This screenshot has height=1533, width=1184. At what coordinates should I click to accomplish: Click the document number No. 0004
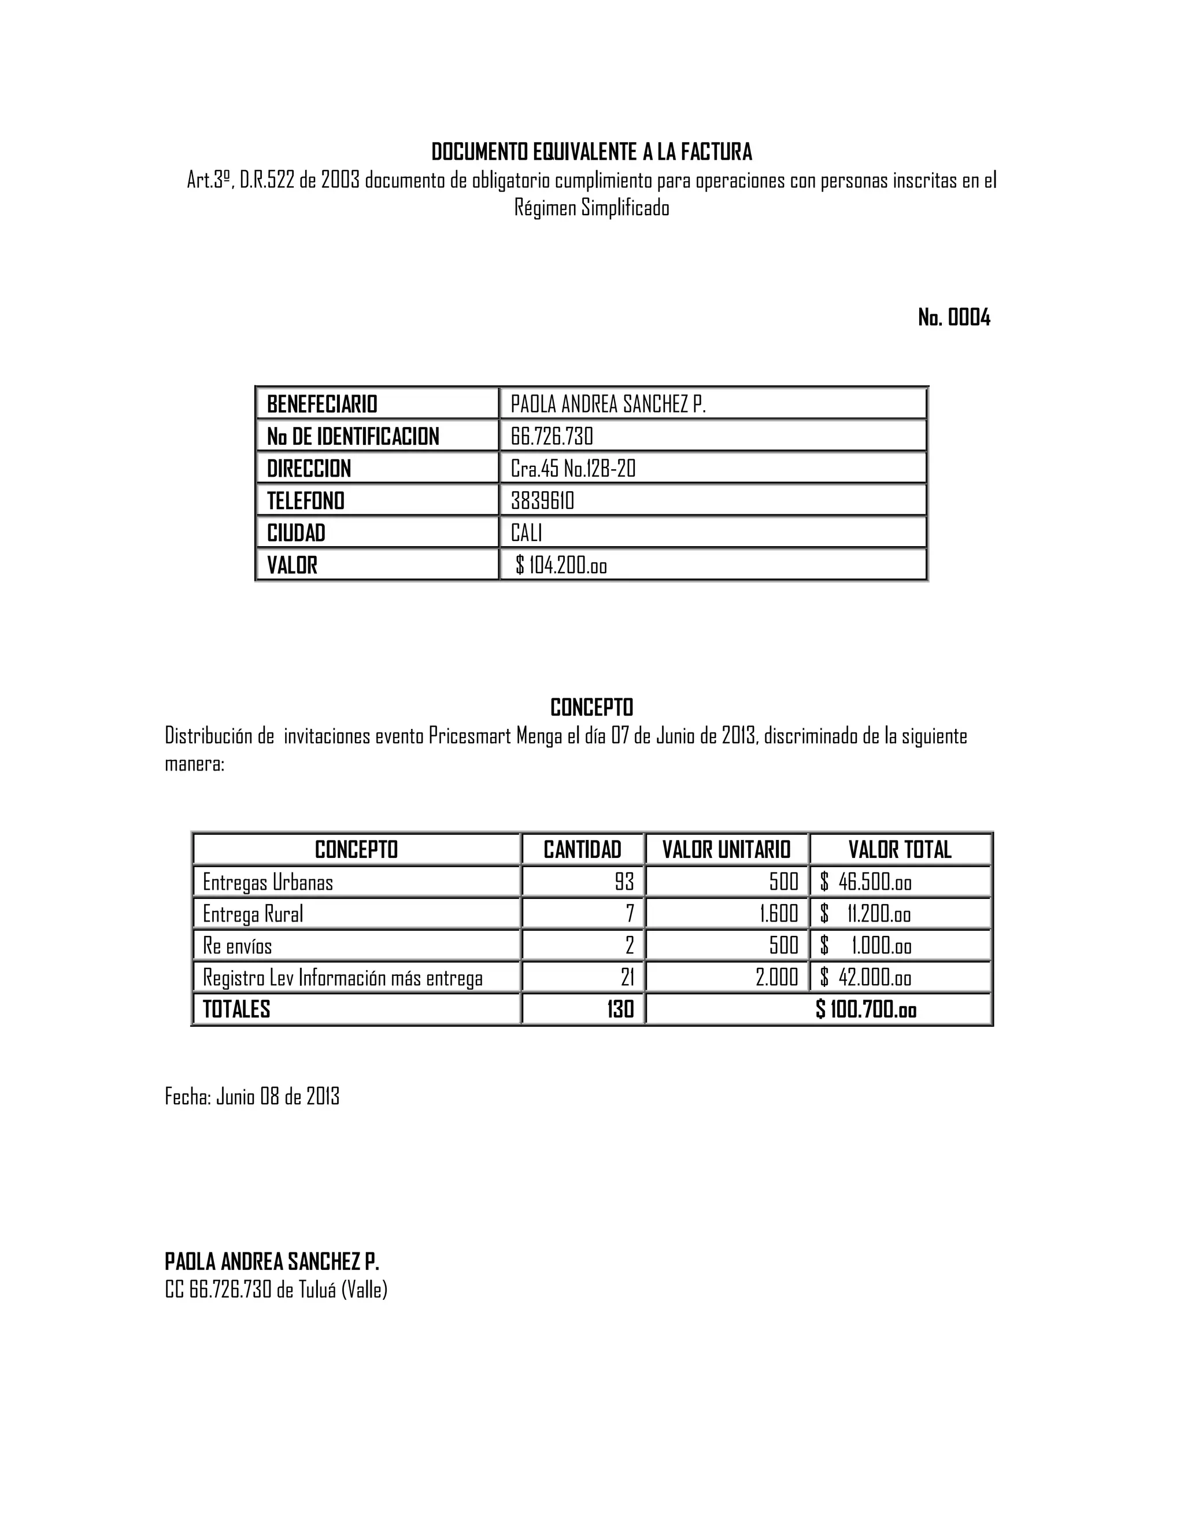(x=953, y=318)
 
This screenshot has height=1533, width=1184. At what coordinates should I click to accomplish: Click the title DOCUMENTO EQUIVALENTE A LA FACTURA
(x=591, y=152)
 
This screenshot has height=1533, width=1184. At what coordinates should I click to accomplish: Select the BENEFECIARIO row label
(x=322, y=404)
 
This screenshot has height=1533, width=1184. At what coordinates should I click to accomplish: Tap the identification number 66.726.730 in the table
(x=552, y=437)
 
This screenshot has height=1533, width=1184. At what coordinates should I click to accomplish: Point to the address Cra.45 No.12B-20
(x=572, y=469)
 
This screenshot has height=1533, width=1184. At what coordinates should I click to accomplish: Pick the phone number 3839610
(x=542, y=501)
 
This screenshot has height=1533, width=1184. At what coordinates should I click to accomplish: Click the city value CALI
(x=526, y=533)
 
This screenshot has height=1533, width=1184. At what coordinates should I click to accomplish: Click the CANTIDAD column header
(x=582, y=850)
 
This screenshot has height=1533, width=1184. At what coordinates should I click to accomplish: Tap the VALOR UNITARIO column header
(x=726, y=850)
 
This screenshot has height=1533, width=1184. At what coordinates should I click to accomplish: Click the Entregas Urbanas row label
(x=267, y=882)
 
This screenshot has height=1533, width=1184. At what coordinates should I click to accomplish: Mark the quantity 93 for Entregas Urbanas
(x=624, y=882)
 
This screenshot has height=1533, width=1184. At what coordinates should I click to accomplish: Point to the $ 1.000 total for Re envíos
(x=865, y=946)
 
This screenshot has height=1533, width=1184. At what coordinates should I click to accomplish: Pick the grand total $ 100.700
(x=865, y=1010)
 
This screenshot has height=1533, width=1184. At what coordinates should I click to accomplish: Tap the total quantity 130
(x=620, y=1010)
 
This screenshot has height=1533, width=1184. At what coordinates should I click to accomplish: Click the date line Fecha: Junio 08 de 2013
(x=252, y=1096)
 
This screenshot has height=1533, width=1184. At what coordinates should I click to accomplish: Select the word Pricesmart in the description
(x=469, y=736)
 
